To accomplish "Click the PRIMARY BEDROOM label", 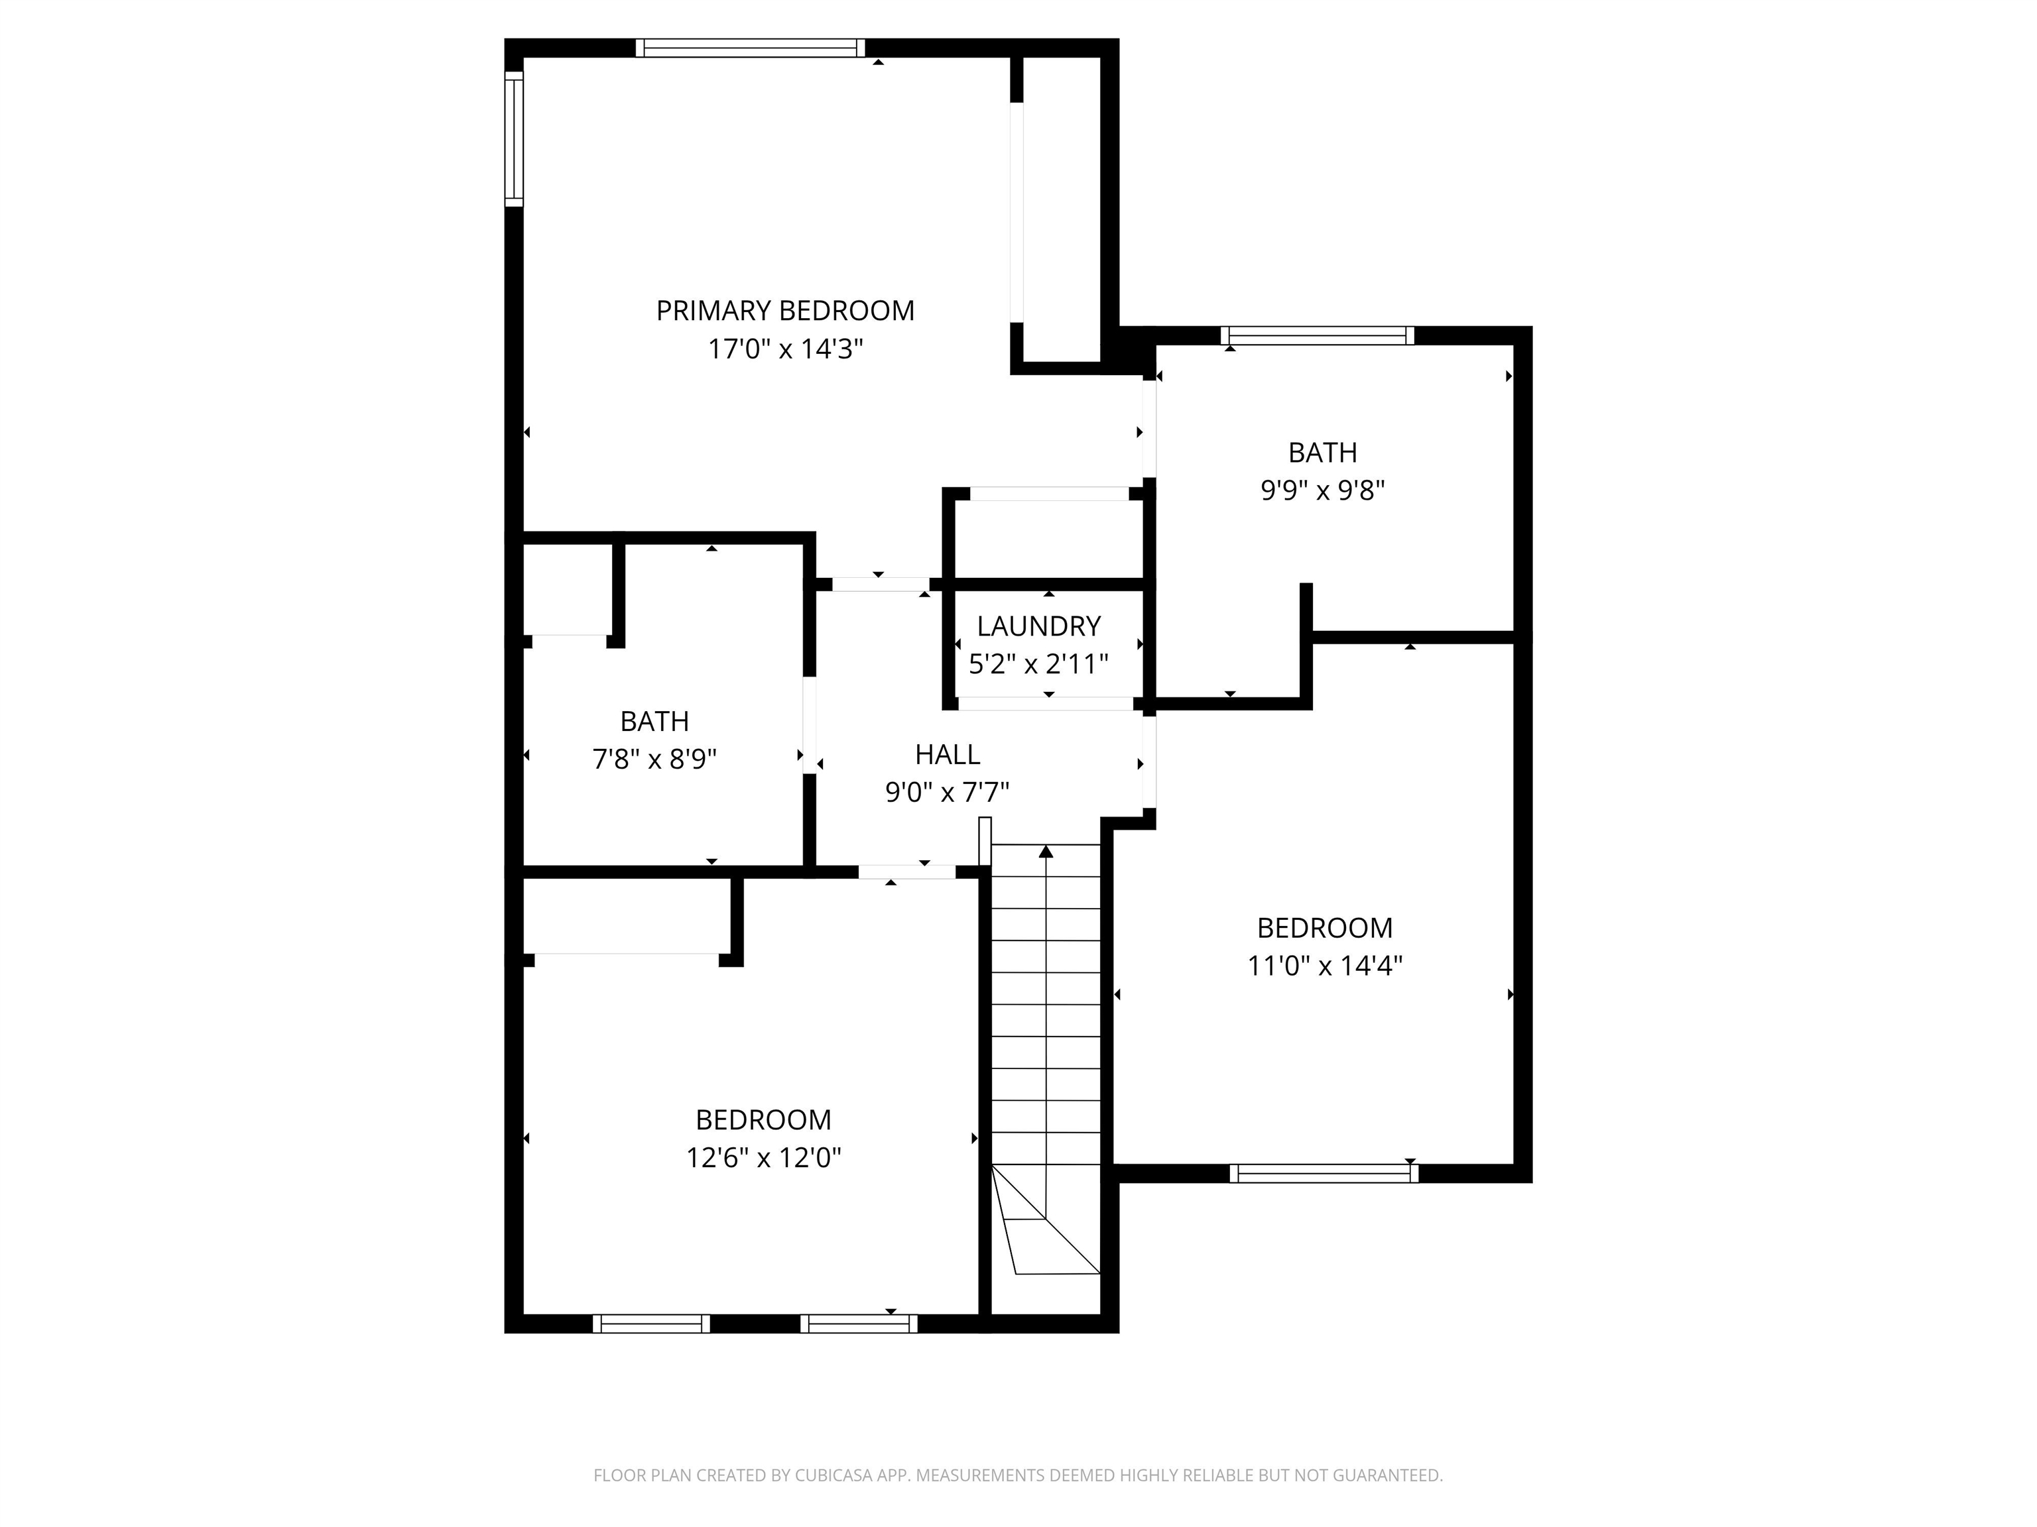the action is (x=784, y=311).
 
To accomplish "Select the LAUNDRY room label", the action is (x=1039, y=627).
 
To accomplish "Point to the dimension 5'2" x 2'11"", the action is (x=1039, y=663).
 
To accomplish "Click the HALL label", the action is (x=948, y=755).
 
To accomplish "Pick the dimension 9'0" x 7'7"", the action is (x=948, y=793).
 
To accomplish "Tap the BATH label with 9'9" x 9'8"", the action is (x=1322, y=453).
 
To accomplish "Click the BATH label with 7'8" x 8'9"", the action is (x=654, y=722).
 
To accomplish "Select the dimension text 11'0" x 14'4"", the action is (x=1325, y=966).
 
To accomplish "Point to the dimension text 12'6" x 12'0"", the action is (x=763, y=1157).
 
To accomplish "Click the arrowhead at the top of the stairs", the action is (x=1046, y=852).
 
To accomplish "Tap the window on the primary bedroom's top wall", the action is (x=751, y=48).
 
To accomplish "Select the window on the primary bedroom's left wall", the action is (x=514, y=139).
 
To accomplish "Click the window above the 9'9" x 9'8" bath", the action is (x=1318, y=336).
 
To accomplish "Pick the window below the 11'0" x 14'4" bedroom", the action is (x=1324, y=1174).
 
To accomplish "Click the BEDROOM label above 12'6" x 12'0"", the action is (x=763, y=1120).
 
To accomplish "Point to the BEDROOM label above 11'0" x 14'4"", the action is (x=1325, y=928).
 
